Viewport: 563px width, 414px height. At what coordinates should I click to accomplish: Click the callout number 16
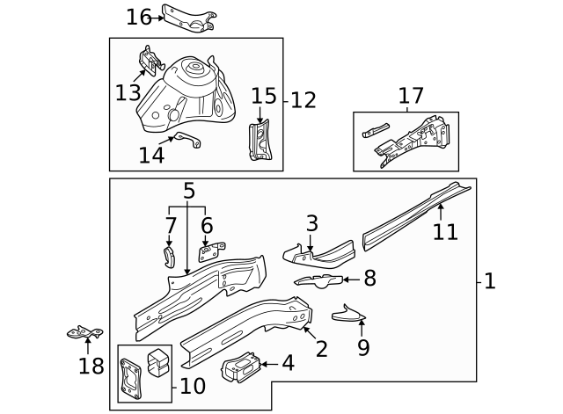click(x=139, y=17)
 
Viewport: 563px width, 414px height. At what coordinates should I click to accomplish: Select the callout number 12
click(x=303, y=100)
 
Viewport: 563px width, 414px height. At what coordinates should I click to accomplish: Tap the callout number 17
click(x=411, y=95)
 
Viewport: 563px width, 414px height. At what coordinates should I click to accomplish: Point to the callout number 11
click(x=445, y=231)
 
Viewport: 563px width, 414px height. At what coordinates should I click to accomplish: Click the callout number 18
click(x=91, y=365)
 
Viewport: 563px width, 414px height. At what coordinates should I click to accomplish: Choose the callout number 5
click(x=188, y=190)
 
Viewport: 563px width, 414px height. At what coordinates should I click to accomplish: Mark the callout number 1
click(x=490, y=281)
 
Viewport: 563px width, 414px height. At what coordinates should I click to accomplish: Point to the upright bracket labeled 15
click(x=261, y=142)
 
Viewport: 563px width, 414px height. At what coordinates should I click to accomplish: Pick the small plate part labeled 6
click(x=208, y=253)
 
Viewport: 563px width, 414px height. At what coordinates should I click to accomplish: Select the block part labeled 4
click(x=242, y=367)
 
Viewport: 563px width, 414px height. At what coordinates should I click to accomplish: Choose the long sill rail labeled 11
click(x=413, y=214)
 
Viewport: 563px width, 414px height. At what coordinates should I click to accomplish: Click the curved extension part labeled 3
click(x=318, y=254)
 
